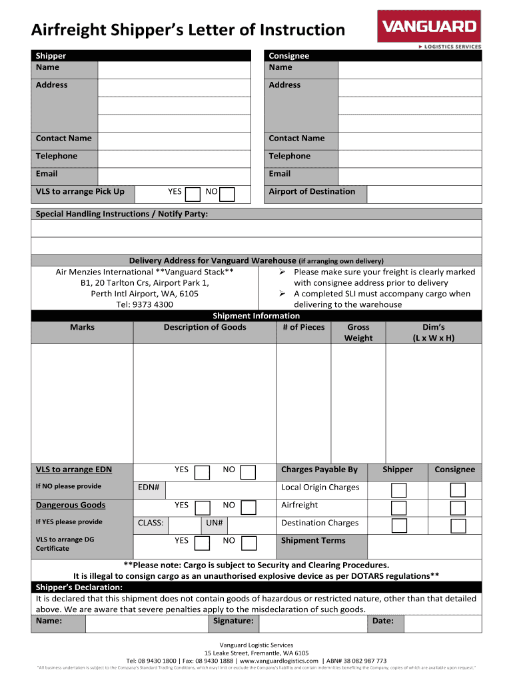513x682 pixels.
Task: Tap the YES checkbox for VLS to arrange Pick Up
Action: coord(193,194)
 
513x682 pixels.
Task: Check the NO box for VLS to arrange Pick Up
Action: coord(227,194)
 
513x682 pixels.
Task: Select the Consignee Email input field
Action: coord(409,174)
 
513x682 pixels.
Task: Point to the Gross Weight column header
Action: coord(358,332)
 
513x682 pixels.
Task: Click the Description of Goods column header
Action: coord(205,327)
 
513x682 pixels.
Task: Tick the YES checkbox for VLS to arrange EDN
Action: coord(203,472)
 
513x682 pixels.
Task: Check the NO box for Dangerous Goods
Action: coord(249,508)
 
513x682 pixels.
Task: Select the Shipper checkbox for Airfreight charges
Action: coord(399,508)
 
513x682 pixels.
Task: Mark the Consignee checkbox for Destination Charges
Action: coord(458,525)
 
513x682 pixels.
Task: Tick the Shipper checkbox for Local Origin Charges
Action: coord(399,490)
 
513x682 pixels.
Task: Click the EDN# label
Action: coord(149,488)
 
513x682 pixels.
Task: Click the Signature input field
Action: coord(312,623)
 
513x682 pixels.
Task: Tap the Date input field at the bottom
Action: coord(442,623)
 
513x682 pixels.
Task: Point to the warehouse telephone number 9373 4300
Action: coord(145,304)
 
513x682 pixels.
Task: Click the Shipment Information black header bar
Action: coord(256,316)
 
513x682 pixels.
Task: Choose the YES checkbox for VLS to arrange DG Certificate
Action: coord(203,543)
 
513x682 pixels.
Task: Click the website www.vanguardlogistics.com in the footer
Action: coord(284,661)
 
